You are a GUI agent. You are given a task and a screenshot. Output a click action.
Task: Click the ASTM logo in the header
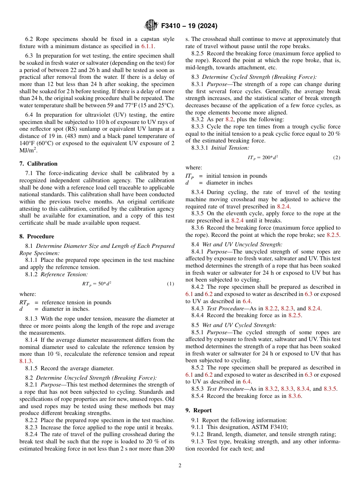pos(151,25)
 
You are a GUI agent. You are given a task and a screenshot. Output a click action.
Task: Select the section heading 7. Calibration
pos(38,164)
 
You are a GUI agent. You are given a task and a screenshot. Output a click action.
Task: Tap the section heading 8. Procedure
pos(37,236)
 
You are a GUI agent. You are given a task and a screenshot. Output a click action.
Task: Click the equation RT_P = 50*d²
pos(97,283)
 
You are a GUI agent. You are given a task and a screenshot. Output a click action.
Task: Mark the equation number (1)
pos(171,283)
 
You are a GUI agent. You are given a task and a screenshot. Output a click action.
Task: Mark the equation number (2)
pos(337,157)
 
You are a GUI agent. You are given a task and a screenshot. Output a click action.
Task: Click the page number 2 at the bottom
pos(180,466)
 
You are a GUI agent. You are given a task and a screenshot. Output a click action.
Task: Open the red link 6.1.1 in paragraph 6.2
pos(148,46)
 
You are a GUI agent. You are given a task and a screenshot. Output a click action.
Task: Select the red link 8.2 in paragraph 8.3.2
pos(229,119)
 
